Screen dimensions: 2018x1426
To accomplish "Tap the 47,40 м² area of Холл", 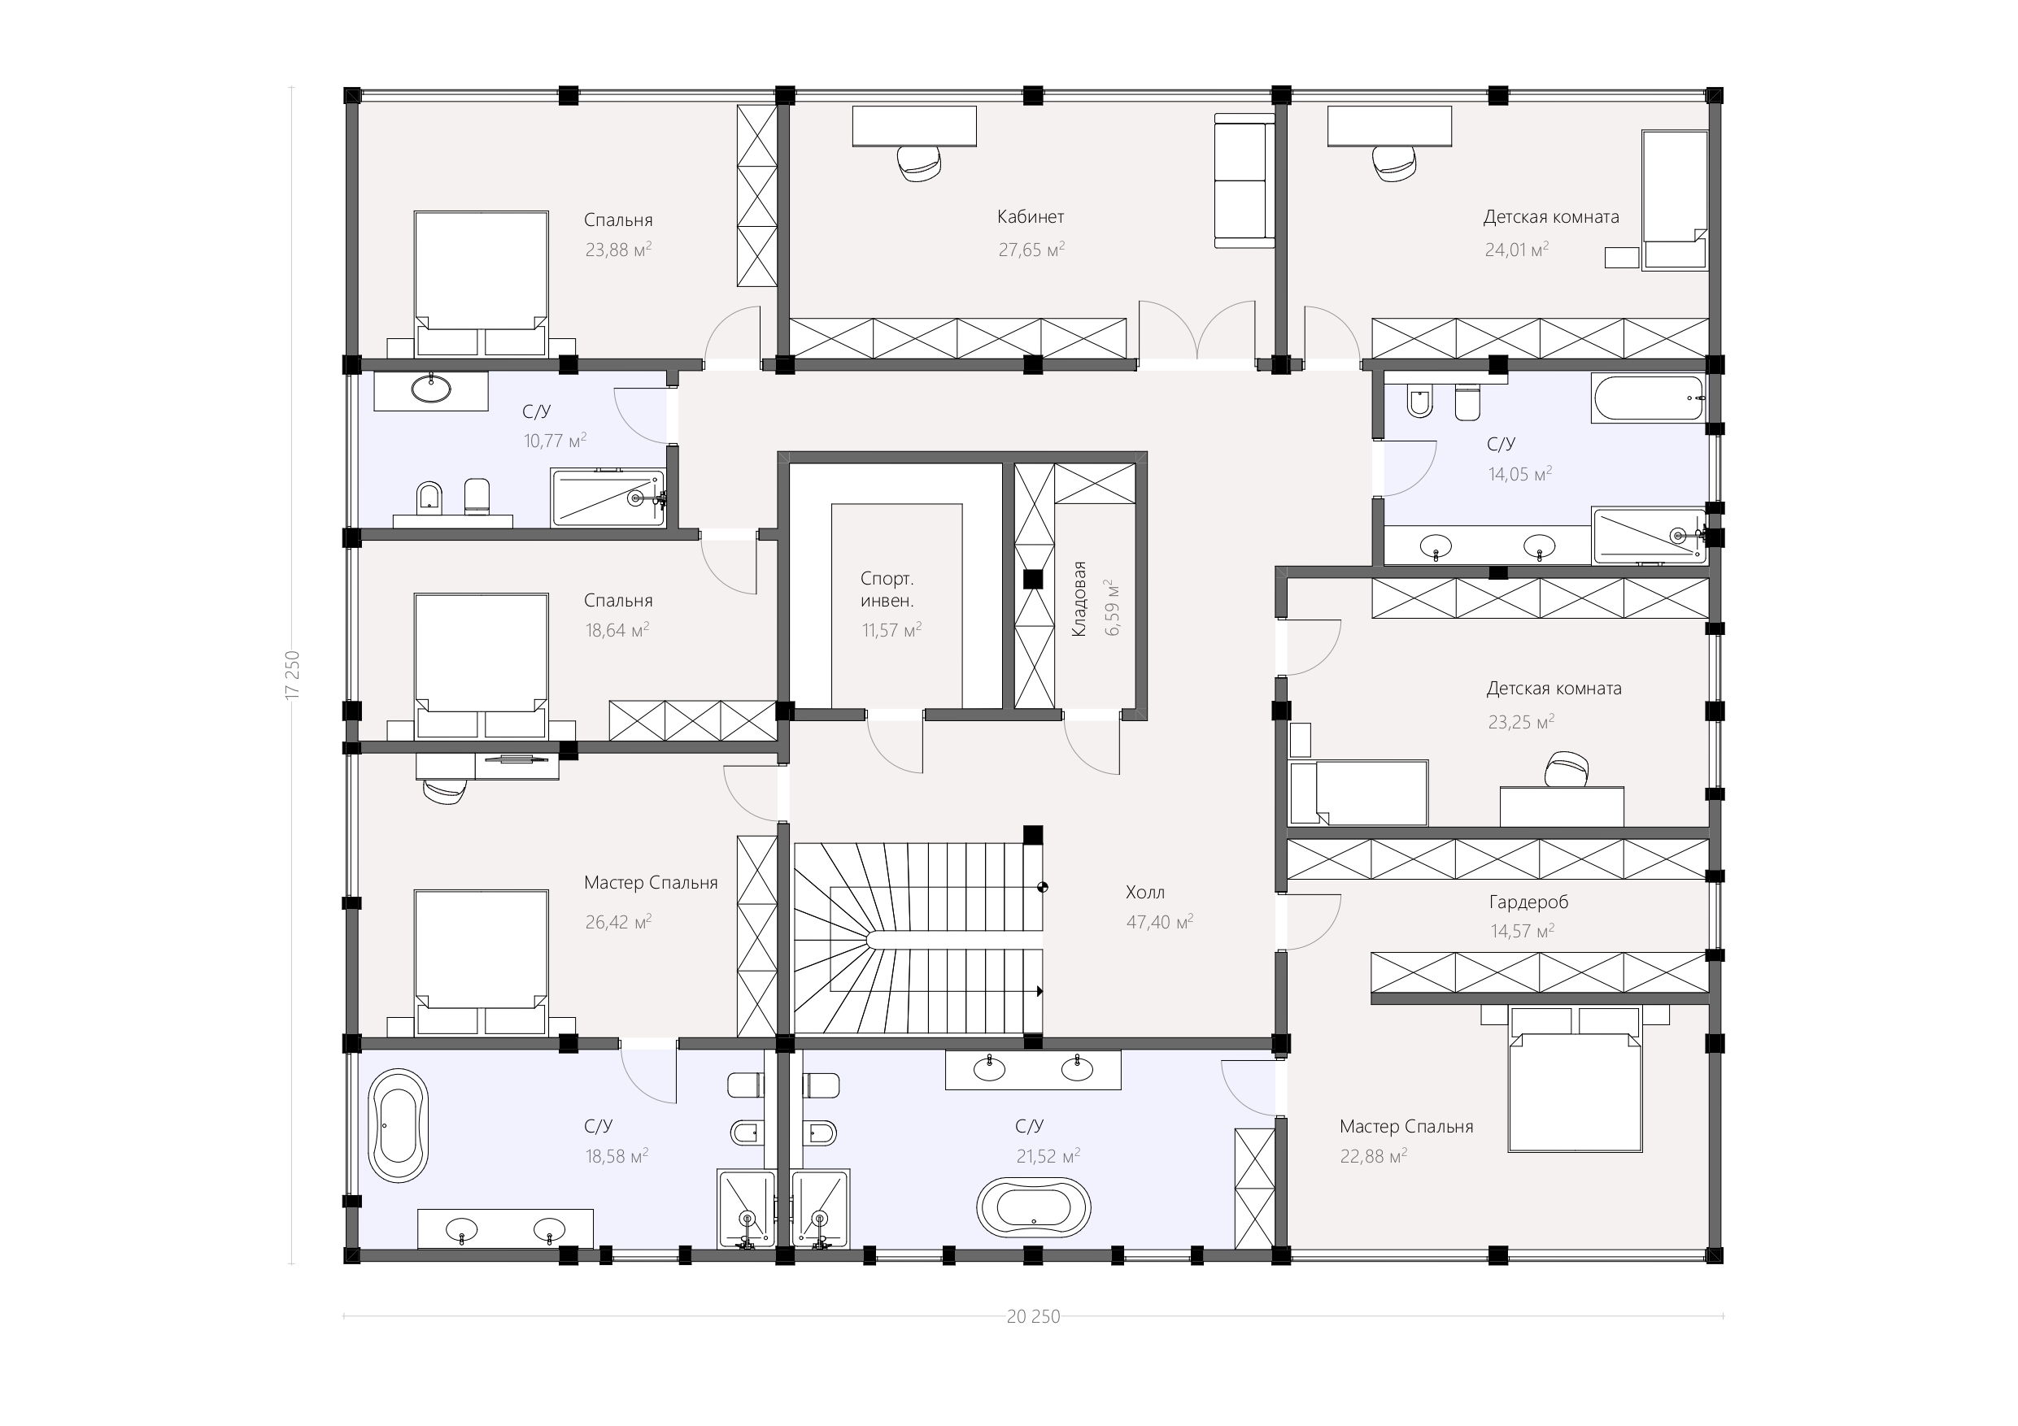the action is point(1159,922).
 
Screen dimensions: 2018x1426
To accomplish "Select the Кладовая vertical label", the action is point(1079,599).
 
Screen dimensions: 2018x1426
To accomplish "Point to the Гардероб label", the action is point(1528,902).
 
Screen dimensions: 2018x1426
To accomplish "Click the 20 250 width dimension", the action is point(1033,1316).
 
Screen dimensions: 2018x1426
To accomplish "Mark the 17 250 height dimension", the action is point(293,675).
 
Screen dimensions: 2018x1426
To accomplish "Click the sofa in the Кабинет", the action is point(1244,180).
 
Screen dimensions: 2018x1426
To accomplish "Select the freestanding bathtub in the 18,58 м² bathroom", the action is point(399,1125).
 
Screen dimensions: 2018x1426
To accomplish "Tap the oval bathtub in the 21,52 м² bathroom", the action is point(1034,1208).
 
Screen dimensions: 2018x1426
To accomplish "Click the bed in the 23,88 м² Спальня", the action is point(482,283).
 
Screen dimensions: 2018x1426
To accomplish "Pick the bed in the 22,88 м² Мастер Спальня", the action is point(1575,1080).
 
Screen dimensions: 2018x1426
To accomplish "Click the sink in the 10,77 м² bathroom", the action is point(432,389).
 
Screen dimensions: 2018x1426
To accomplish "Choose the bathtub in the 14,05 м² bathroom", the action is point(1649,398).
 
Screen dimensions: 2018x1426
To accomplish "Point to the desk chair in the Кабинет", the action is point(920,163).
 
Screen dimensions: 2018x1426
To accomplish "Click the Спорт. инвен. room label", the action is point(887,589).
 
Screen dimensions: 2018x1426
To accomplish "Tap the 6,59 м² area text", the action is point(1112,607).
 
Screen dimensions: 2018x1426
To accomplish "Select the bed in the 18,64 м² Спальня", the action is point(482,666).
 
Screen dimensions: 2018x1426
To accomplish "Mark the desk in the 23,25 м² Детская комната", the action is point(1562,806).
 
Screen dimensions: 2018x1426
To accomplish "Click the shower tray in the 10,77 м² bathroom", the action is point(608,498).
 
